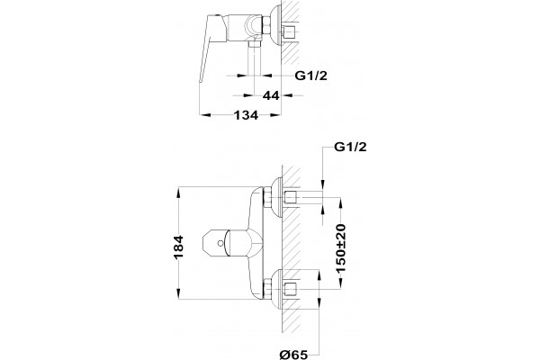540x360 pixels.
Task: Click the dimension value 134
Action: point(246,115)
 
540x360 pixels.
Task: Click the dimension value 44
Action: point(271,95)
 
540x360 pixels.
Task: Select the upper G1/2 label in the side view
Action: point(311,76)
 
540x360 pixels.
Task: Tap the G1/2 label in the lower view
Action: point(351,147)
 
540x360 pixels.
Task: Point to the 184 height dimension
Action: point(178,247)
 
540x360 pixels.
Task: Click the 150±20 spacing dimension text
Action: point(341,248)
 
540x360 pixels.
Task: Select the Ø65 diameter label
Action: point(293,354)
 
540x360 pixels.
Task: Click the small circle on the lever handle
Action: point(220,244)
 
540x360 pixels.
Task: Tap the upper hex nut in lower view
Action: point(267,198)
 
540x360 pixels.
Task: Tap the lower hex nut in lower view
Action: point(267,289)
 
